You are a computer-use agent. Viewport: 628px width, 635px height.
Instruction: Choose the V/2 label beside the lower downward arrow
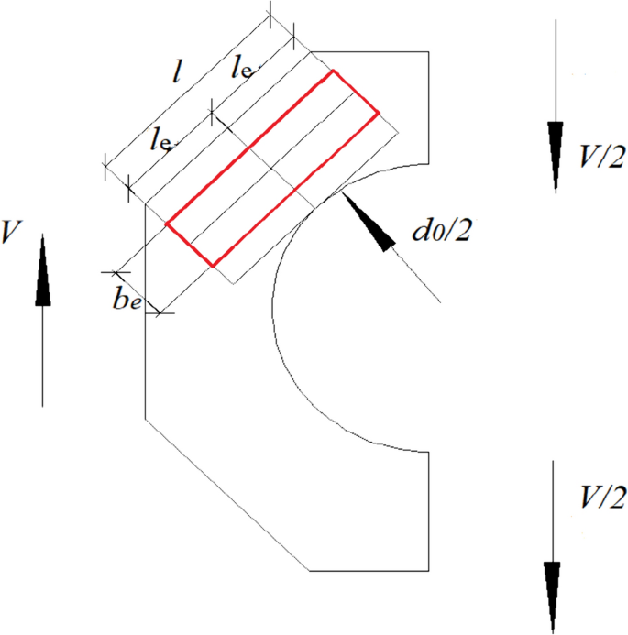point(601,498)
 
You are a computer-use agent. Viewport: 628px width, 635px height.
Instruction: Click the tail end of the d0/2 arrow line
point(442,301)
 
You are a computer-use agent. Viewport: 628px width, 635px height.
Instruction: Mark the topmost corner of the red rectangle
point(332,71)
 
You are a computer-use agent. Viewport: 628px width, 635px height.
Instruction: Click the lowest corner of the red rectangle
point(213,267)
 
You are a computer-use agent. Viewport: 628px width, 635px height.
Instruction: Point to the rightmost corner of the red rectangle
point(380,114)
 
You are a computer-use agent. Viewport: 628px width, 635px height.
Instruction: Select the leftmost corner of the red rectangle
point(166,223)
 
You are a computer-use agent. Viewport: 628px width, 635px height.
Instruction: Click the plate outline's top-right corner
point(428,51)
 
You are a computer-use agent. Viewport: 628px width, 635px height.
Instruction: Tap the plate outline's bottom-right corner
point(428,571)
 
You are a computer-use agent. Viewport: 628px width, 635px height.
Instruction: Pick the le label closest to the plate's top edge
point(242,66)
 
